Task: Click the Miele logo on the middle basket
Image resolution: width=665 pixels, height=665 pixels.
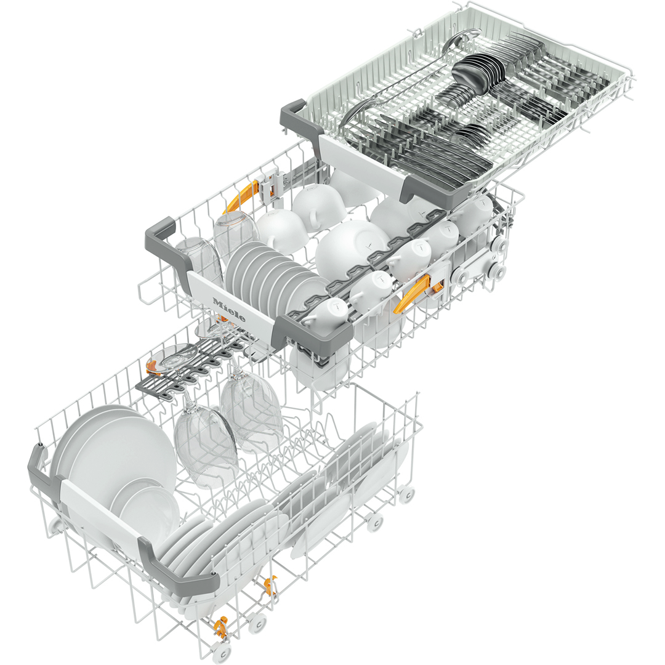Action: coord(229,310)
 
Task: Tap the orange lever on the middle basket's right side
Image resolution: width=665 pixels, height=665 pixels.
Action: coord(411,294)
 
